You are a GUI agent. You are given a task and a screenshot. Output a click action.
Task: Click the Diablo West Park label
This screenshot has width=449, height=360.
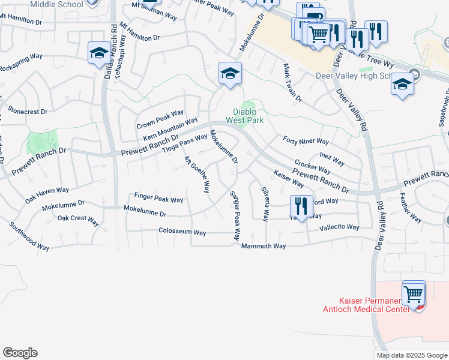coord(244,115)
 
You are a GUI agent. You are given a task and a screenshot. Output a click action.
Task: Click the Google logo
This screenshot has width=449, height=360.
coord(20,353)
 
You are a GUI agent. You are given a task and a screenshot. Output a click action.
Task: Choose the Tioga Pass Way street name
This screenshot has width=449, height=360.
coord(185,143)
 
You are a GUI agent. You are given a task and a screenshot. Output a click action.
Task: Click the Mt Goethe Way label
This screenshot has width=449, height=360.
coord(196,175)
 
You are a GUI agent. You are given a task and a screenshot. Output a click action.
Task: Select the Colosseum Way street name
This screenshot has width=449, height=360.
coord(182,232)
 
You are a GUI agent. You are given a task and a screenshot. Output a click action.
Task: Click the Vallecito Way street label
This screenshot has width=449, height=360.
coord(339,227)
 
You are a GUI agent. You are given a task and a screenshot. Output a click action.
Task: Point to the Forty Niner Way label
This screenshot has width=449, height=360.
coord(306,142)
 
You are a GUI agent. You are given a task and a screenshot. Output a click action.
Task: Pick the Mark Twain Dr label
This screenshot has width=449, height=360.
coord(292,82)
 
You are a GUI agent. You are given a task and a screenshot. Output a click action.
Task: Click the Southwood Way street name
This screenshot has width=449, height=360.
coord(29,236)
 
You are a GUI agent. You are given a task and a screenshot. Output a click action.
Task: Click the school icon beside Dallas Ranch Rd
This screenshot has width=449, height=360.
coord(99,53)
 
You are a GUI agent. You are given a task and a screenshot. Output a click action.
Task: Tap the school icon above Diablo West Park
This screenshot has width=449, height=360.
coord(229,74)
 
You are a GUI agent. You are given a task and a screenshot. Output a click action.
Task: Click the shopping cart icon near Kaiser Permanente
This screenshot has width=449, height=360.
coord(414,293)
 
